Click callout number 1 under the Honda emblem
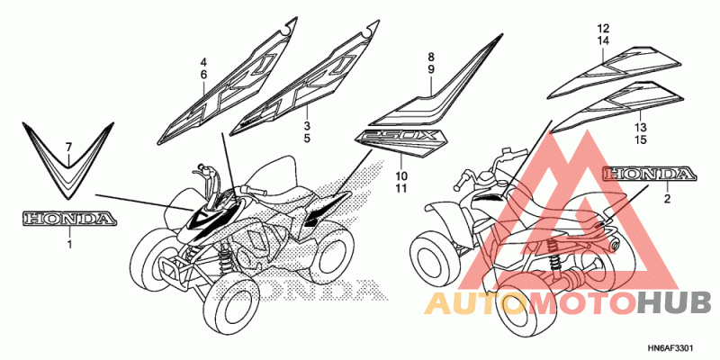point(68,243)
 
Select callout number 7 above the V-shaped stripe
point(67,146)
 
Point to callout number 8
point(431,57)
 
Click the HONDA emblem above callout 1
point(68,219)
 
